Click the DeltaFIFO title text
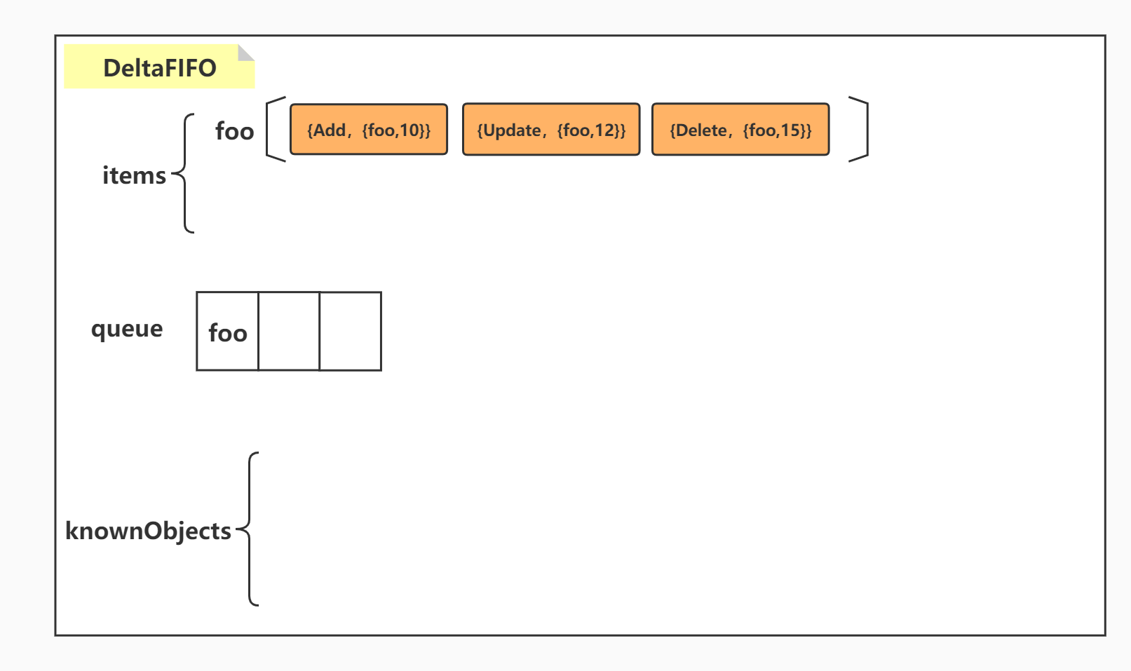160,68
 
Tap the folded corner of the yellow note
245,53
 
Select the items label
134,175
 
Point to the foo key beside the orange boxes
234,131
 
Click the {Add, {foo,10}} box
369,130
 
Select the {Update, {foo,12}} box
551,130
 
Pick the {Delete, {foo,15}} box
740,130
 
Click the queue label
127,329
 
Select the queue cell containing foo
228,332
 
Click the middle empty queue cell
289,332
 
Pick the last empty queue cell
351,332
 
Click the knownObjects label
148,531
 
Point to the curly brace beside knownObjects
250,529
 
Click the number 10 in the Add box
409,130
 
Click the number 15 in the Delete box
791,130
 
